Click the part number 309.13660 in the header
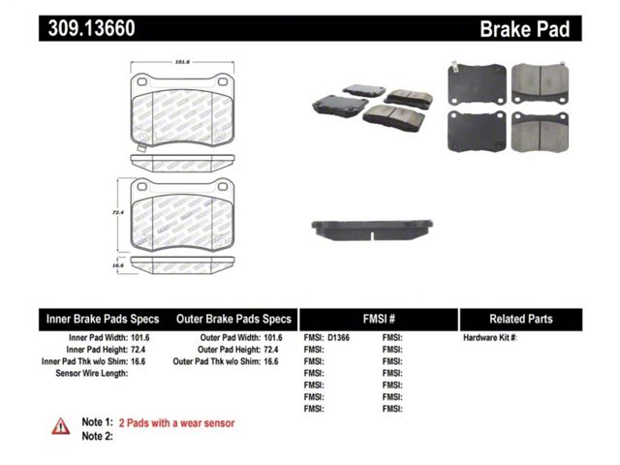pyautogui.click(x=91, y=28)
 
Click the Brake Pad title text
pyautogui.click(x=525, y=29)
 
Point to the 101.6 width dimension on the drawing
pyautogui.click(x=182, y=62)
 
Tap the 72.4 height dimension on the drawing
pyautogui.click(x=118, y=212)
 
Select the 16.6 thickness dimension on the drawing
pyautogui.click(x=118, y=265)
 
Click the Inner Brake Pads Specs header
pyautogui.click(x=103, y=319)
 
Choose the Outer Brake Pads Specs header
pyautogui.click(x=233, y=319)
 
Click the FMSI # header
pyautogui.click(x=379, y=319)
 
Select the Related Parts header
pyautogui.click(x=521, y=319)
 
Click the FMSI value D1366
pyautogui.click(x=338, y=338)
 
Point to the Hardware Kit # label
pyautogui.click(x=490, y=338)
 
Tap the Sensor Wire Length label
pyautogui.click(x=92, y=373)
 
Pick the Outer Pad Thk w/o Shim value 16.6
pyautogui.click(x=271, y=361)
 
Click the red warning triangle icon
pyautogui.click(x=60, y=426)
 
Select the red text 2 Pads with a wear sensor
pyautogui.click(x=176, y=423)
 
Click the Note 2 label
pyautogui.click(x=97, y=436)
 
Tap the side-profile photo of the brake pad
pyautogui.click(x=372, y=231)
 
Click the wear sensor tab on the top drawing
pyautogui.click(x=141, y=147)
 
